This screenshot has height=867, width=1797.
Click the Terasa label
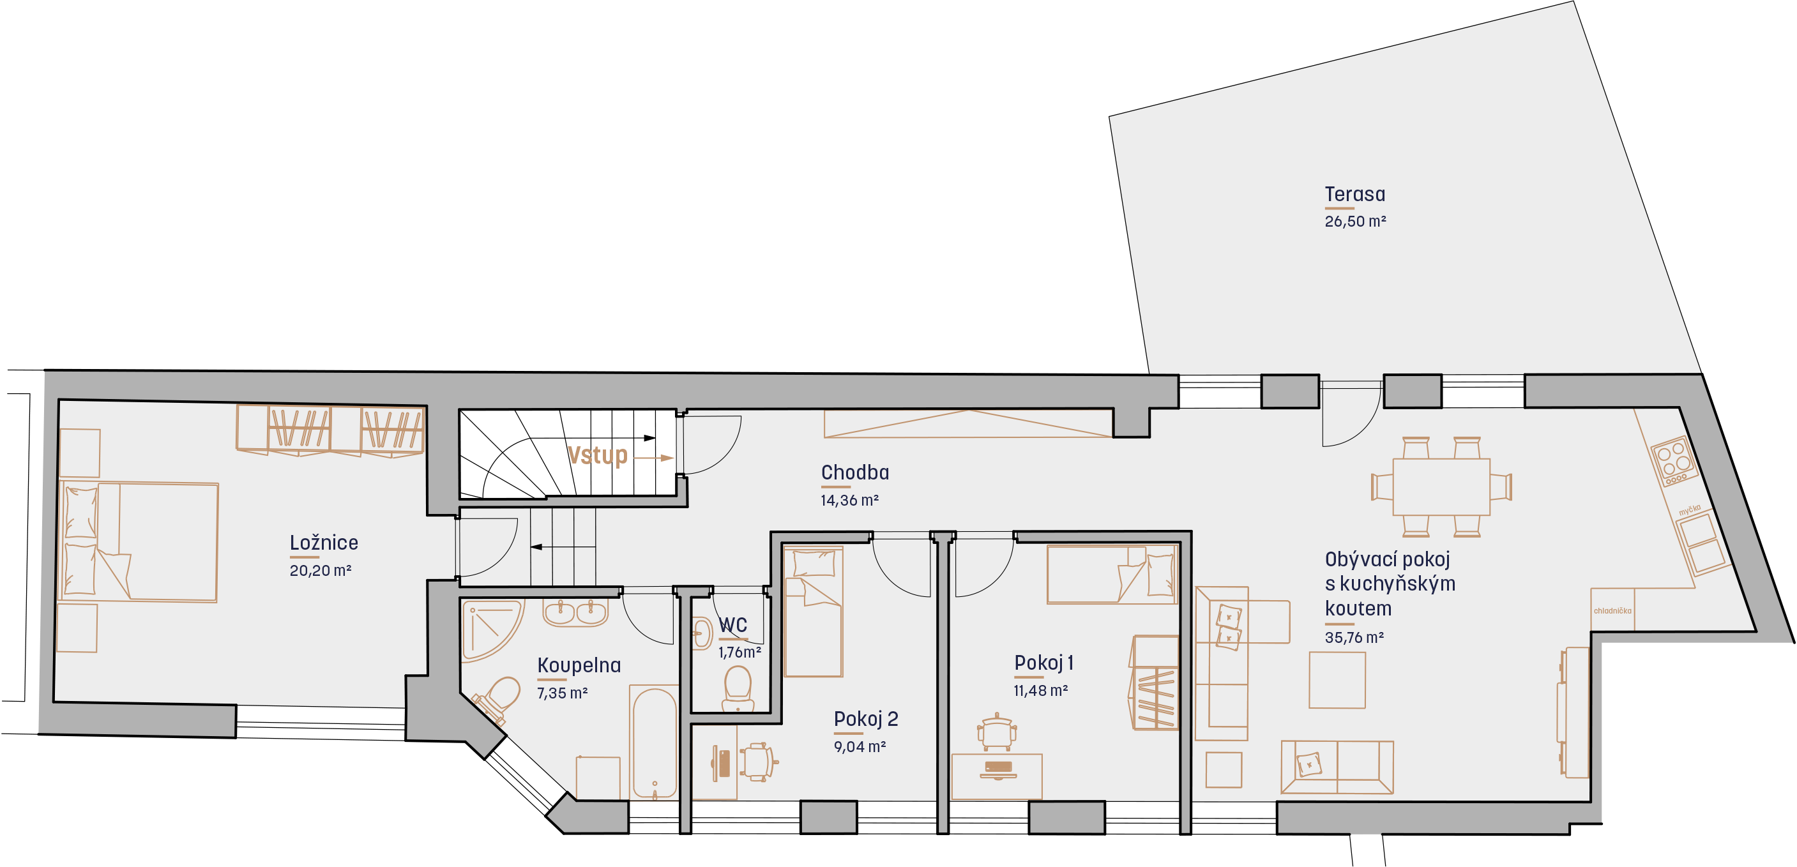1354,194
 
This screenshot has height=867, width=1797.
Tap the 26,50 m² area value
1354,221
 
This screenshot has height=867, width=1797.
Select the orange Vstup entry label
598,455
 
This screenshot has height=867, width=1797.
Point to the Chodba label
854,472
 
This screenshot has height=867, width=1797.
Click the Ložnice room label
324,542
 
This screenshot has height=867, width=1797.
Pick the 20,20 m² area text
320,571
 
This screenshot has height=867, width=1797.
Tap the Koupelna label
579,665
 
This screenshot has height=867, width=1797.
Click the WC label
732,625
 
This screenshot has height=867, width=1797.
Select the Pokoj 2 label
866,718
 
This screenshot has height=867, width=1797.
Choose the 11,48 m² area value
1041,691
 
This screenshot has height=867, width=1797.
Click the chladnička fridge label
1612,611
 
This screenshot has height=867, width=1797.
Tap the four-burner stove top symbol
1674,460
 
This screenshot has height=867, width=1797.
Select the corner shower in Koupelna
492,630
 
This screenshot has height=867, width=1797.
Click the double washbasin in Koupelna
575,612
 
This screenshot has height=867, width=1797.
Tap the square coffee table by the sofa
1337,680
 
